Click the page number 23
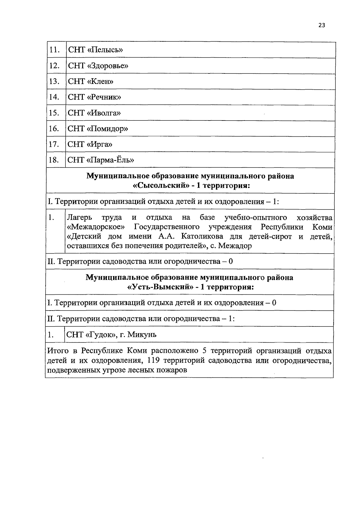322,25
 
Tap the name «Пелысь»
105,50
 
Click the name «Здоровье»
108,66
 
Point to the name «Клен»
100,82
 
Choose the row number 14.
54,97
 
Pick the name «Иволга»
104,113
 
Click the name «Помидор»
107,129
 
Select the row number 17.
54,144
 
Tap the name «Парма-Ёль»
110,160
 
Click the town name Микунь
142,335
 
